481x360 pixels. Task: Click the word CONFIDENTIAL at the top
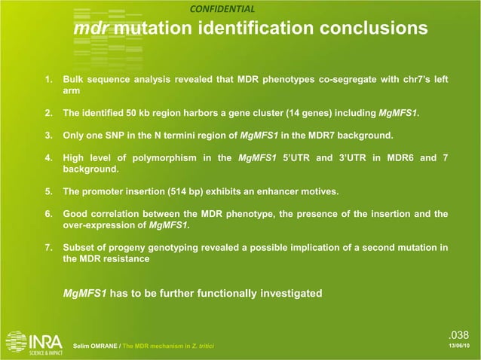point(222,9)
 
